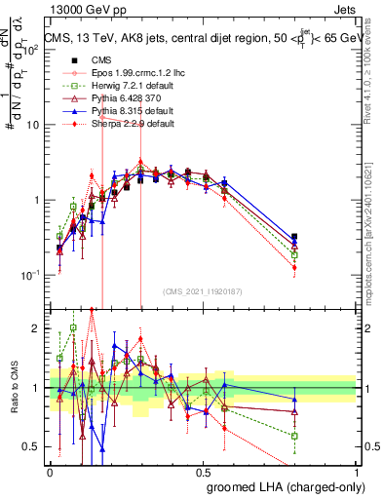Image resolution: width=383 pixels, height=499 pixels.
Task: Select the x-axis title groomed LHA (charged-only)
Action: pyautogui.click(x=280, y=486)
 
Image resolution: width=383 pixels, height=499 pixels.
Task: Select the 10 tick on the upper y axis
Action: pyautogui.click(x=34, y=125)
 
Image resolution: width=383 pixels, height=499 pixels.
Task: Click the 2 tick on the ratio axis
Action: pyautogui.click(x=39, y=328)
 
